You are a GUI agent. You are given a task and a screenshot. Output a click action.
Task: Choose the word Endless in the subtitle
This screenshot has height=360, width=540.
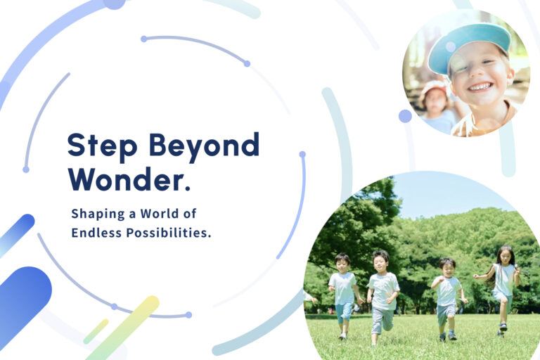tap(95, 233)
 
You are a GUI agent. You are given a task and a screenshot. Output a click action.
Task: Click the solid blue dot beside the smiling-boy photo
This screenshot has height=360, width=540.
tap(405, 116)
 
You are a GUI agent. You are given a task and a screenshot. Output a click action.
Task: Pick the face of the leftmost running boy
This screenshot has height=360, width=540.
tap(342, 263)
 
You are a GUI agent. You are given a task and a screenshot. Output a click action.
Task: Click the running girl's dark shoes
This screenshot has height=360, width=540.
tap(502, 326)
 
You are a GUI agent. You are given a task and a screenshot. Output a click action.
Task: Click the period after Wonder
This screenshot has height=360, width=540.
tap(186, 188)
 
